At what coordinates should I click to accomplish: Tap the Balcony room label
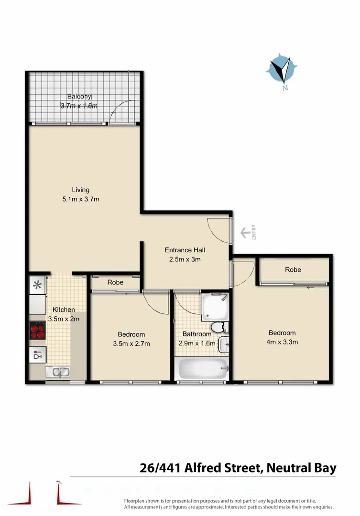(x=79, y=97)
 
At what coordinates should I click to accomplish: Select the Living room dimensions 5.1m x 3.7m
(x=81, y=199)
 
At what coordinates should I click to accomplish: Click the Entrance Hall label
(x=185, y=250)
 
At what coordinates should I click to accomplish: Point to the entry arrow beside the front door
(x=246, y=233)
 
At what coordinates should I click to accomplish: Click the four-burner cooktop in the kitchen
(x=38, y=330)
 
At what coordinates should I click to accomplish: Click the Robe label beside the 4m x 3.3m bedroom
(x=293, y=270)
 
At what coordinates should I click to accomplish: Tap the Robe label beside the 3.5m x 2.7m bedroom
(x=115, y=282)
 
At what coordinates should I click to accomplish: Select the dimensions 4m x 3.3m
(x=282, y=342)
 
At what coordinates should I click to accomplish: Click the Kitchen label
(x=64, y=310)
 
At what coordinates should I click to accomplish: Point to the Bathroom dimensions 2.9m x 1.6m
(x=197, y=343)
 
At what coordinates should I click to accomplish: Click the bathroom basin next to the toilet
(x=224, y=344)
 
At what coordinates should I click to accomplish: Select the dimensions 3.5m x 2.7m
(x=131, y=343)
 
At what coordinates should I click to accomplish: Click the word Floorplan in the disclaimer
(x=136, y=500)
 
